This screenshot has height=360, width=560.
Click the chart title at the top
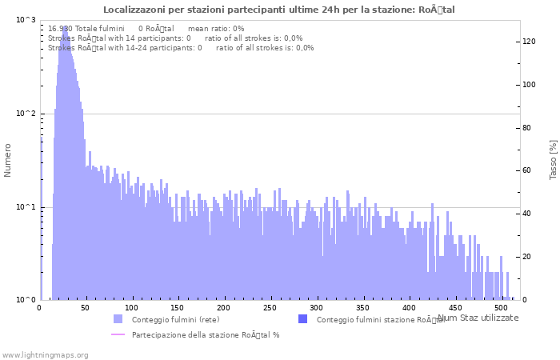tap(280, 10)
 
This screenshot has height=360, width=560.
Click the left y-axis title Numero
tap(8, 160)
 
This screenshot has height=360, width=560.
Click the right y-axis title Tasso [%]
tap(553, 159)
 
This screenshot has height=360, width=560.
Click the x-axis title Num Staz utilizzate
tap(478, 318)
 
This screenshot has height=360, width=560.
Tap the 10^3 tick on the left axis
tap(26, 20)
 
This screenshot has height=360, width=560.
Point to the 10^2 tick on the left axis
tap(26, 114)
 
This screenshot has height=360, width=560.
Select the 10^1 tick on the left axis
tap(26, 207)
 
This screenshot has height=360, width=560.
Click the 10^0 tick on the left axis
tap(26, 300)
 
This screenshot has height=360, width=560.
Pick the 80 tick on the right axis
tap(528, 127)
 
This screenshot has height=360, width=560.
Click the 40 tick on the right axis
tap(528, 214)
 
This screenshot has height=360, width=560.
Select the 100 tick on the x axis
tap(132, 307)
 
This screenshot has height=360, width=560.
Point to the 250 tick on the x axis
tap(270, 307)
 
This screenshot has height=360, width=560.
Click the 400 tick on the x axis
tap(409, 307)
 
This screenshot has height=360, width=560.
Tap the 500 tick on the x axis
tap(501, 307)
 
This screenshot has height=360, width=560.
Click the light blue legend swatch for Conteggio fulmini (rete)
tap(118, 319)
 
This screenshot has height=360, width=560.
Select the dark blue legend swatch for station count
tap(302, 319)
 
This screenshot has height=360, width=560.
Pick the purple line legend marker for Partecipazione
tap(118, 334)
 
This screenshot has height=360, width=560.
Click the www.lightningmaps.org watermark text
tap(46, 354)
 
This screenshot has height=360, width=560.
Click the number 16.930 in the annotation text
tap(59, 28)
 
